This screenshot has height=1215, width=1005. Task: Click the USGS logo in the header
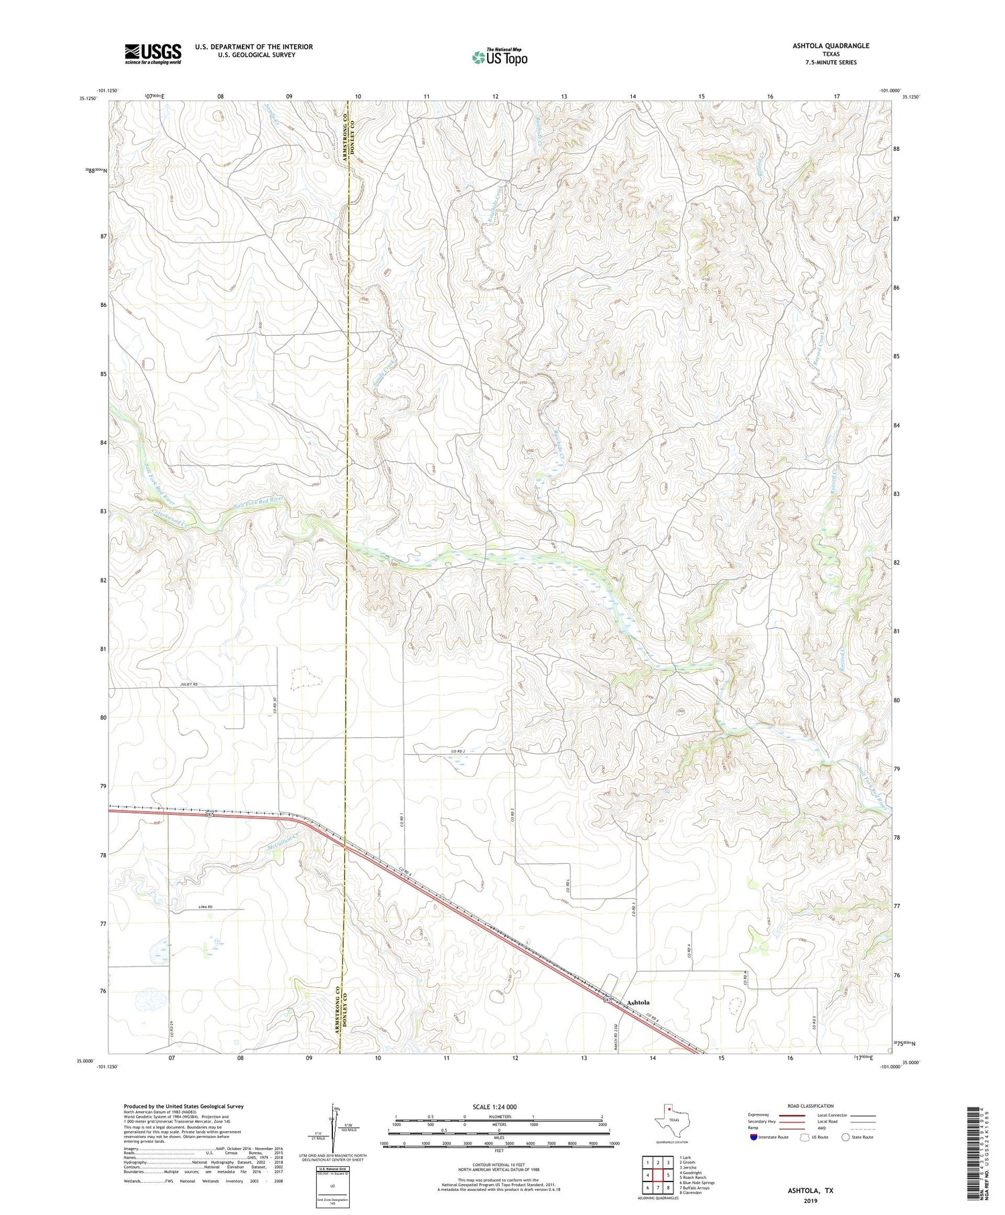pyautogui.click(x=153, y=54)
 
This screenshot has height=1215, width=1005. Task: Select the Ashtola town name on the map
pyautogui.click(x=638, y=1003)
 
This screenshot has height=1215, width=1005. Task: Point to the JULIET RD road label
pyautogui.click(x=189, y=684)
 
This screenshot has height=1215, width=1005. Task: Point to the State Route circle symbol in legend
pyautogui.click(x=846, y=1137)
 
